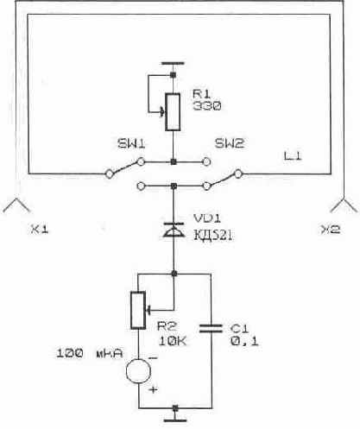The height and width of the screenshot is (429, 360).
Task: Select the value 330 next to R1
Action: coord(207,106)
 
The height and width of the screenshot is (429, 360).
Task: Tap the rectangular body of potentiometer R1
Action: coord(173,112)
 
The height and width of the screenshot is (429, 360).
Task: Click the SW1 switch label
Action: coord(131,143)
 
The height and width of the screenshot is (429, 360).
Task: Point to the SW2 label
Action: coord(230,143)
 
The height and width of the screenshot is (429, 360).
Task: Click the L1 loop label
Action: coord(293,156)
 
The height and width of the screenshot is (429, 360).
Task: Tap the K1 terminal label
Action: coord(40,230)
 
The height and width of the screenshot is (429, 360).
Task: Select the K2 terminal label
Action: coord(331,230)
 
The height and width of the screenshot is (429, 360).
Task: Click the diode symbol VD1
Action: coord(174,230)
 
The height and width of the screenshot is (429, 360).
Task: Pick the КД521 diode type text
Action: coord(213,236)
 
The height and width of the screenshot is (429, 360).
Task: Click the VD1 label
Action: coord(207,218)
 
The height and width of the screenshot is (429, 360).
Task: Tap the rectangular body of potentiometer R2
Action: coord(138,310)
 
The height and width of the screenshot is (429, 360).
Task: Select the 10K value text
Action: coord(173,341)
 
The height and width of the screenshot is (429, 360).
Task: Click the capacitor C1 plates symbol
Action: coord(211,328)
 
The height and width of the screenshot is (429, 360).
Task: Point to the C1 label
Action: coord(239,328)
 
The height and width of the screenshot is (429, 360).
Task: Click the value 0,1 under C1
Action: coord(244,341)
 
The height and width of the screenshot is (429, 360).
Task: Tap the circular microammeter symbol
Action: coord(138,371)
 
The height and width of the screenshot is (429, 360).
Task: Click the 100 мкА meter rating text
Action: coord(90,353)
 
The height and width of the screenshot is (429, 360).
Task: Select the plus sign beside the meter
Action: coord(154,390)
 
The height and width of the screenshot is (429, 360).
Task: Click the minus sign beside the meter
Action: coord(153,358)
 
